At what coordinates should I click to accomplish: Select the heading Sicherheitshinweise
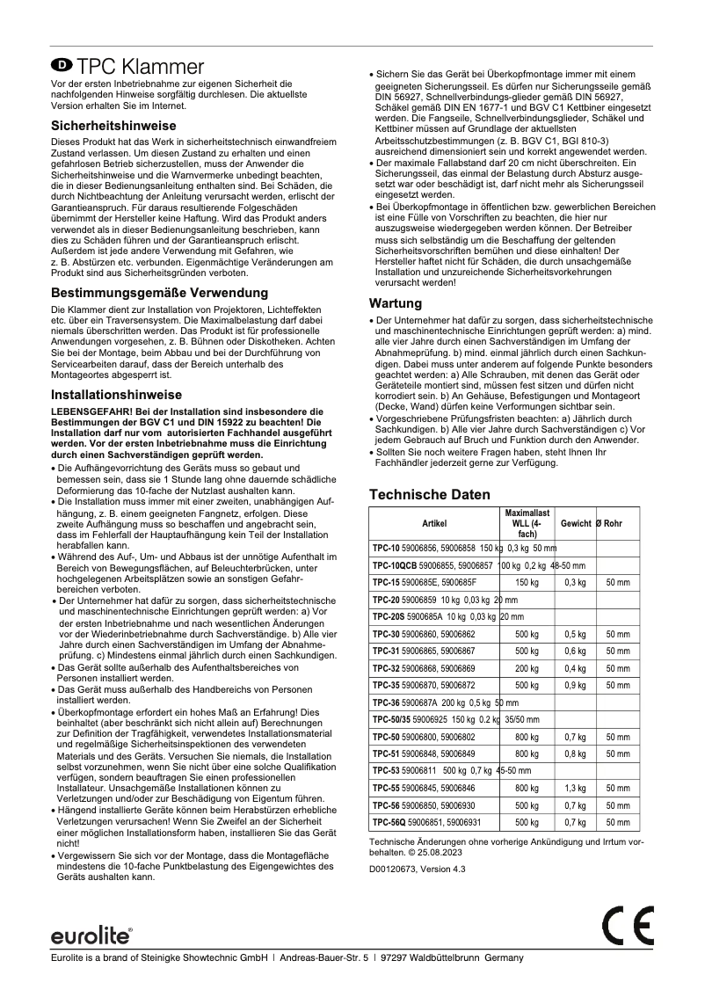coord(113,126)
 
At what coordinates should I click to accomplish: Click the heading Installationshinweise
coord(117,395)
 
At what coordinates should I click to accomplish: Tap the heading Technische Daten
coord(429,495)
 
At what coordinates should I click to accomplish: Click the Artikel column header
coord(434,523)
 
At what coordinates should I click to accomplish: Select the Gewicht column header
coord(575,523)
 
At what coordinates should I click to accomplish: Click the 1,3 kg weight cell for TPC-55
coord(575,788)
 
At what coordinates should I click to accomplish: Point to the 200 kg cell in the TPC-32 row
coord(527,667)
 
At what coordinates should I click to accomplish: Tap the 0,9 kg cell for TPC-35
coord(575,684)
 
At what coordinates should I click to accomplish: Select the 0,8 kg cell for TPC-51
coord(575,753)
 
